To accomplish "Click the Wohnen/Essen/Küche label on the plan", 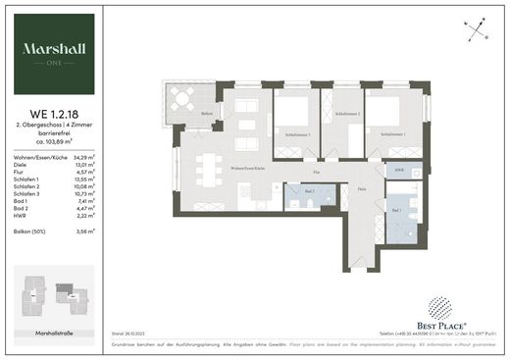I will tap(249, 170).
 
